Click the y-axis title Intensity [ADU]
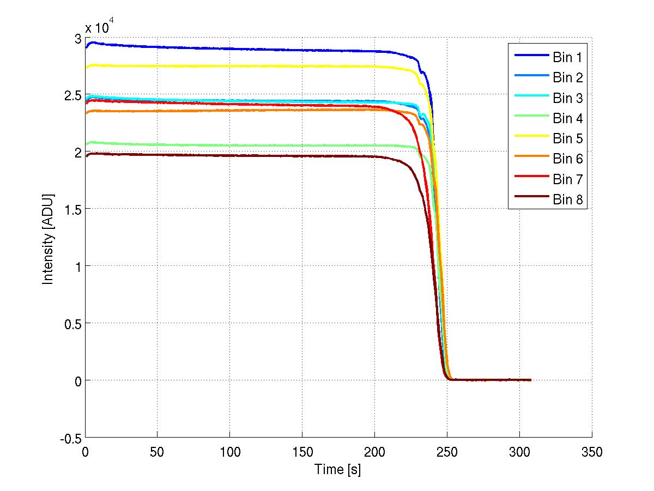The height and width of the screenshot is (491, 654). (49, 238)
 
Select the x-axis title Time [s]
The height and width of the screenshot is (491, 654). (338, 469)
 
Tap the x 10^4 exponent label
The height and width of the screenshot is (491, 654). (99, 28)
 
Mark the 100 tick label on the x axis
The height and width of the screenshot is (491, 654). (230, 452)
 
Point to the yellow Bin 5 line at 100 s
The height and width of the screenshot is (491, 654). (230, 66)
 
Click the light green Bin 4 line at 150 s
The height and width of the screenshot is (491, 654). (302, 145)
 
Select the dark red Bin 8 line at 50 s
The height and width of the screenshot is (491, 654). (158, 155)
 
